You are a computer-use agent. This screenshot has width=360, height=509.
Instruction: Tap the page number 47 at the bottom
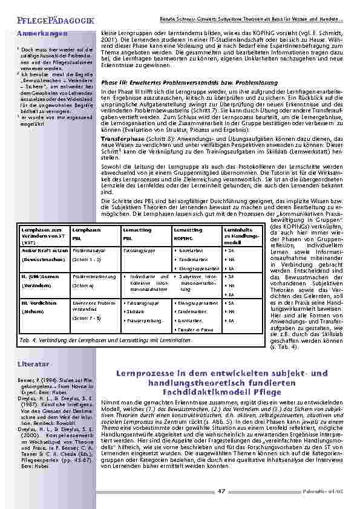[x=221, y=491]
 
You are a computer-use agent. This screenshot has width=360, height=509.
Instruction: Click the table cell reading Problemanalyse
[x=90, y=249]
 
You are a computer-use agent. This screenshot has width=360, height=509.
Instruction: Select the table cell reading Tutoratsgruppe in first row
[x=138, y=249]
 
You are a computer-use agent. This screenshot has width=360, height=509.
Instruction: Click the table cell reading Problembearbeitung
[x=93, y=276]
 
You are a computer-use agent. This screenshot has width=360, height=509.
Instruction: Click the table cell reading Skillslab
[x=136, y=311]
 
